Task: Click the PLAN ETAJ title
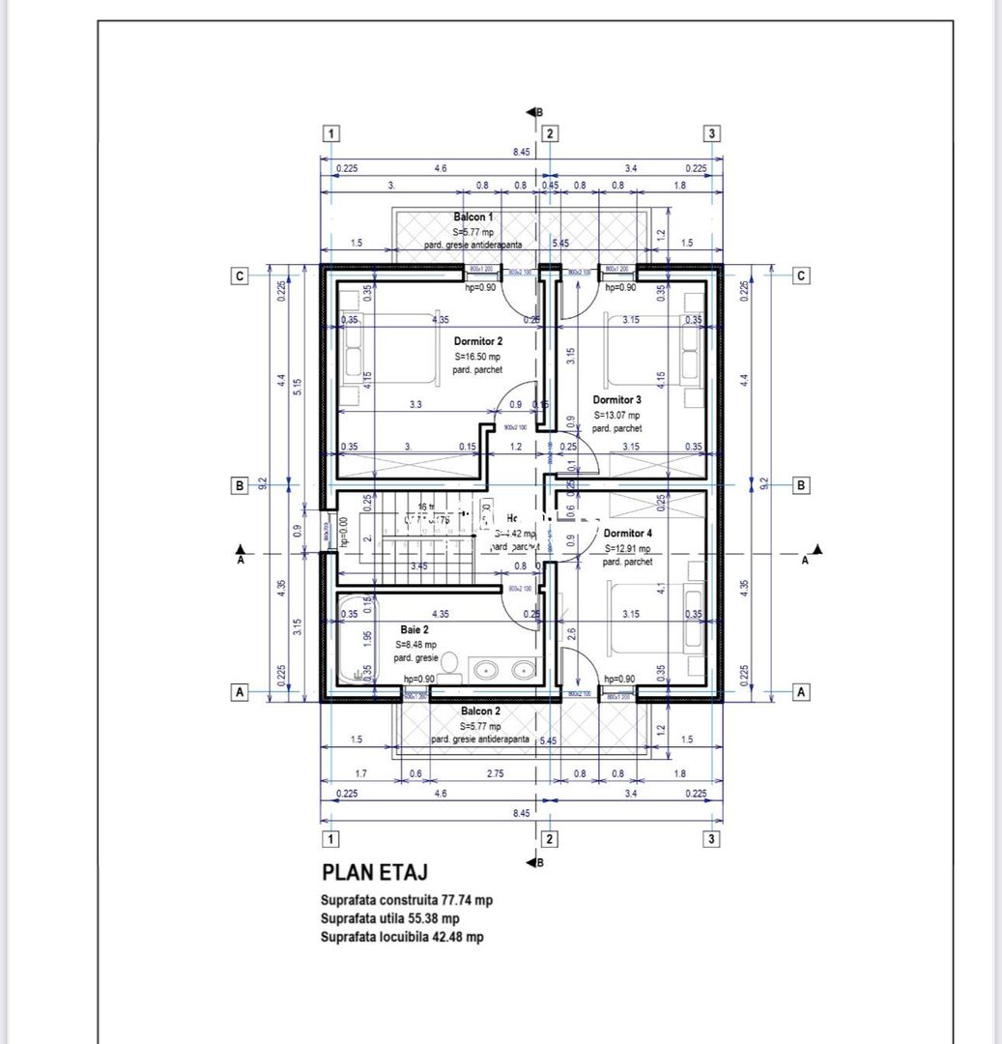click(x=375, y=875)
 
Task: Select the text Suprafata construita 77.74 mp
click(x=407, y=900)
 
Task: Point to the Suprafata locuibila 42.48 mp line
click(x=403, y=937)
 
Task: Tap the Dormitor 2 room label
click(x=478, y=341)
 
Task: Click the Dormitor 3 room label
click(x=617, y=399)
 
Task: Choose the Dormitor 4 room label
click(x=627, y=533)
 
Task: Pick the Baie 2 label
click(x=415, y=628)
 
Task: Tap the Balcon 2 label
click(x=480, y=710)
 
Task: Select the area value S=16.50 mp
click(x=478, y=356)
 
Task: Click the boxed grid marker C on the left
click(x=239, y=275)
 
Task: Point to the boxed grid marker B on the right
click(x=800, y=485)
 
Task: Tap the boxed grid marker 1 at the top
click(x=331, y=133)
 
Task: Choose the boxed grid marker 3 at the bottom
click(x=711, y=838)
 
